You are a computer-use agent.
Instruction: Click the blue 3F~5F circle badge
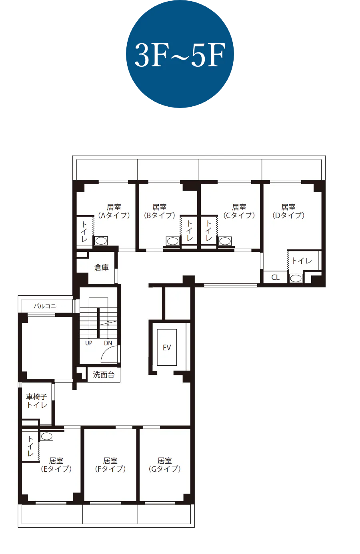180,54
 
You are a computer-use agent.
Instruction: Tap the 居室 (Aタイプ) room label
114,211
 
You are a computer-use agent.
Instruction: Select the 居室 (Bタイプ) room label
160,211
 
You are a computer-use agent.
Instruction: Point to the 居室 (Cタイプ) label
239,211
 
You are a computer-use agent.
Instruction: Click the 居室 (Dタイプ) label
288,211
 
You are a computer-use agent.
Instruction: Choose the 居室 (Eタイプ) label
56,465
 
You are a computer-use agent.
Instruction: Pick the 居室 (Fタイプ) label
110,465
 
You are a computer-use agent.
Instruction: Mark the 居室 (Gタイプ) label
165,465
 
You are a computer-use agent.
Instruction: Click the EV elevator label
167,348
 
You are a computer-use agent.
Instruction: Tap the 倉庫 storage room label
102,267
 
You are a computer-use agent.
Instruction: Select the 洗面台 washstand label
104,375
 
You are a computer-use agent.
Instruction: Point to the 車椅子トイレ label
37,401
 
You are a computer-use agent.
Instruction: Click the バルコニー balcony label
48,306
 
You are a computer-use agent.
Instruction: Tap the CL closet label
275,277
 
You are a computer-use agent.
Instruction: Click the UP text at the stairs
89,343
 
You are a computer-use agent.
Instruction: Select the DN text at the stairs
108,343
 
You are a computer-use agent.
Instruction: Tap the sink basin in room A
101,241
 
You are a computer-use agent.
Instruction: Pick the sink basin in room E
46,436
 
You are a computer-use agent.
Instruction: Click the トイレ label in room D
302,261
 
